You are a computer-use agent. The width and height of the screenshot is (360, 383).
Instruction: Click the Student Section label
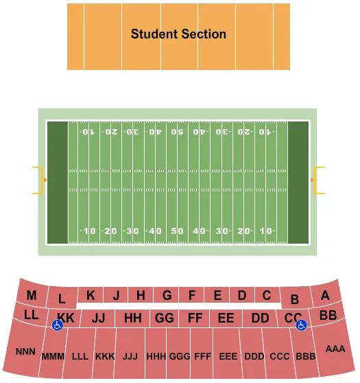pos(178,34)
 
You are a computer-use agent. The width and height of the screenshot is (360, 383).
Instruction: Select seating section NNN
pos(25,351)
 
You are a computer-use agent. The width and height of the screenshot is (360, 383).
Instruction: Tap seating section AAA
pos(335,349)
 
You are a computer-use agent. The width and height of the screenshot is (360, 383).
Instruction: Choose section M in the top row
pos(32,296)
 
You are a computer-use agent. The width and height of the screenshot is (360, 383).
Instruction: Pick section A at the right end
pos(325,295)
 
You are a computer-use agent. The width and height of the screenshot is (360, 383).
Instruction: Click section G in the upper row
pos(167,296)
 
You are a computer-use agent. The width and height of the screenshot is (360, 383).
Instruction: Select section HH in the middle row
pos(133,318)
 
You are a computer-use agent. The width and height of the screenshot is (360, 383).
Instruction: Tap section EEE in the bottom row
pos(228,357)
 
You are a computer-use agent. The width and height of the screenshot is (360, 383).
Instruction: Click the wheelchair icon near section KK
pos(58,326)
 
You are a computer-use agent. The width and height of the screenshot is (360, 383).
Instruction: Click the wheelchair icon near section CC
pos(300,326)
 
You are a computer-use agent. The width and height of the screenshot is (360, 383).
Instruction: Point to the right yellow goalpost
pos(319,181)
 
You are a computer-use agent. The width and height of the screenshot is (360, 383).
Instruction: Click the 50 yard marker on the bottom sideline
pos(178,231)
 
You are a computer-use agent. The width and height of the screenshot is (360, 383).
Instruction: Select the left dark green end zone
pos(58,181)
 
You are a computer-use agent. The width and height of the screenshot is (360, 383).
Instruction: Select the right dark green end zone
pos(298,181)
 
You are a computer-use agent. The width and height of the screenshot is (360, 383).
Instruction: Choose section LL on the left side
pos(31,315)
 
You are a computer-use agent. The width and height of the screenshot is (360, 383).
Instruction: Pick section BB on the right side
pos(328,315)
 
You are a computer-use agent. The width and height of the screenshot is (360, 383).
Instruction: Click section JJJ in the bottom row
pos(130,357)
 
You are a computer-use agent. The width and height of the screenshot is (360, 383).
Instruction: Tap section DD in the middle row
pos(260,318)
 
